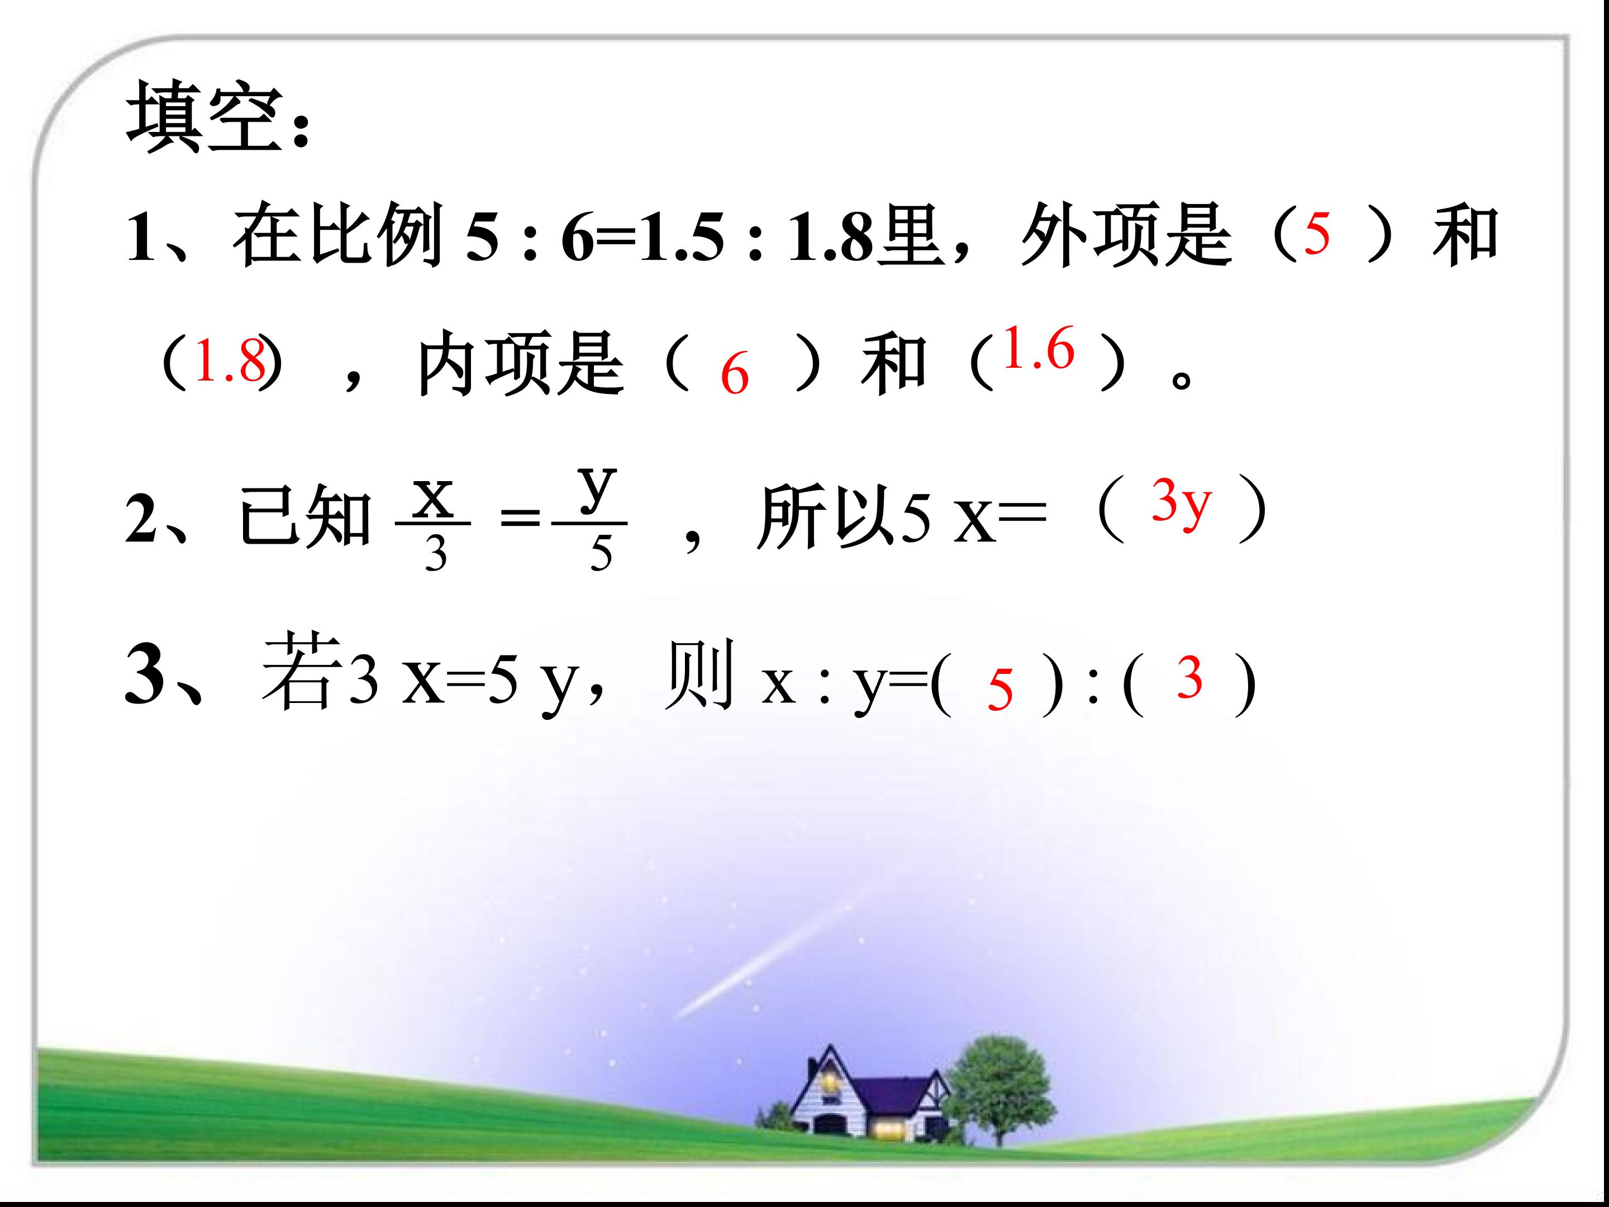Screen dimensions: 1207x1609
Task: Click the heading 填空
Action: click(211, 116)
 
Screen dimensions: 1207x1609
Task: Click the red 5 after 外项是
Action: click(1317, 234)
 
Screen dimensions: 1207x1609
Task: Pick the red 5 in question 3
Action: click(1000, 690)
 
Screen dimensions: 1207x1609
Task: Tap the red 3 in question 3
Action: click(1189, 678)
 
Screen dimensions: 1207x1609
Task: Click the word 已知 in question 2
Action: click(306, 518)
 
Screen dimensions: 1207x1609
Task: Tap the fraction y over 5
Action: click(598, 520)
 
